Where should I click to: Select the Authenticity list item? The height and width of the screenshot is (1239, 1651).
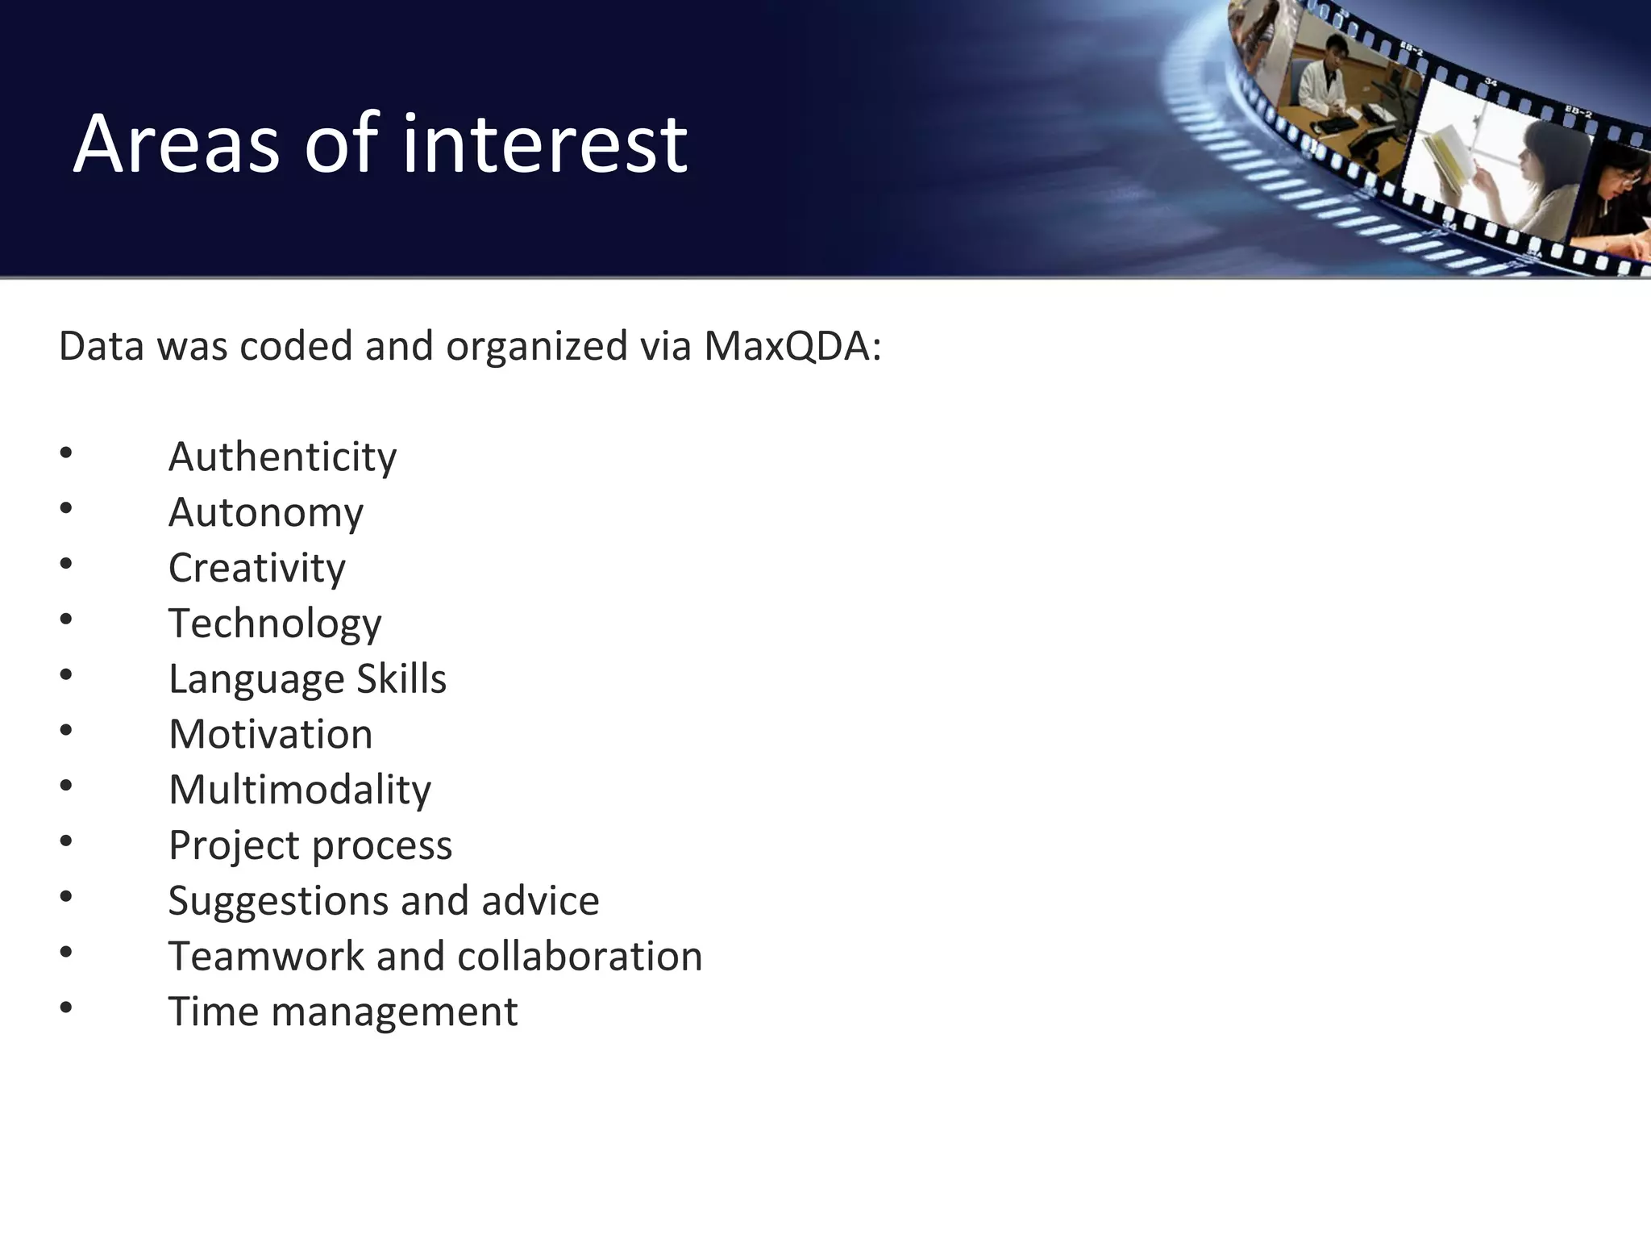(x=282, y=457)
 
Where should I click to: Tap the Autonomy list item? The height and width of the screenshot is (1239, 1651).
(x=266, y=513)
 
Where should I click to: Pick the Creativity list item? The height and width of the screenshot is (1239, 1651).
(x=256, y=568)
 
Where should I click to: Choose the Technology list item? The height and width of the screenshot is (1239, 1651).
(x=275, y=624)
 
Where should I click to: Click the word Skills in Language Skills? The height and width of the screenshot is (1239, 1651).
(x=401, y=679)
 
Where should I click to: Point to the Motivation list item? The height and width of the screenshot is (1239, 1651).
(x=271, y=735)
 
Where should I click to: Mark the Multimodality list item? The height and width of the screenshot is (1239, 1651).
(x=300, y=790)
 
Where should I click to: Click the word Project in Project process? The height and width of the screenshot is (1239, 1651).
(x=234, y=846)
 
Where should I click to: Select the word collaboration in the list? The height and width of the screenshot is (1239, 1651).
(x=580, y=957)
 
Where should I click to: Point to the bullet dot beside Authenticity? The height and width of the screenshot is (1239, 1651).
(x=66, y=453)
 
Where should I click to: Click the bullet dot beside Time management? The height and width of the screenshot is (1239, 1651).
(x=66, y=1007)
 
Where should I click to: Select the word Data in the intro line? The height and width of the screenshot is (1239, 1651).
(x=102, y=347)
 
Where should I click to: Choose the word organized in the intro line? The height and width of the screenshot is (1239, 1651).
(x=537, y=347)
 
